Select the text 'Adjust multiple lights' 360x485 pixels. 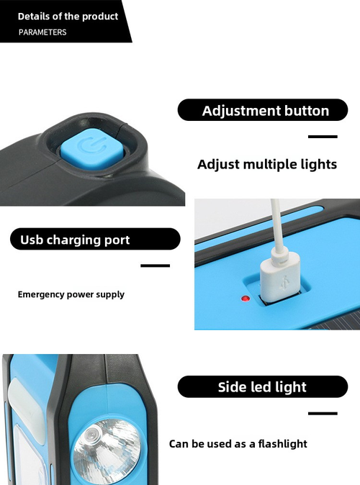267,164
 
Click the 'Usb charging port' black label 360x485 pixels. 94,240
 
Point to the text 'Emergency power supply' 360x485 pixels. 71,294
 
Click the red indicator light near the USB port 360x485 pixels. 245,298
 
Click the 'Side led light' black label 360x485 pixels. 262,387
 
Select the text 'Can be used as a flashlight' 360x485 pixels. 238,444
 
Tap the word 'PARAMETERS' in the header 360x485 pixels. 42,32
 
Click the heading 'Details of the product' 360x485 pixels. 68,16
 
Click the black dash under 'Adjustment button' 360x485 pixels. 323,137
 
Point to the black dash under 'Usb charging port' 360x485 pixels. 155,266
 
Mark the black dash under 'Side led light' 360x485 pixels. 323,413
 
